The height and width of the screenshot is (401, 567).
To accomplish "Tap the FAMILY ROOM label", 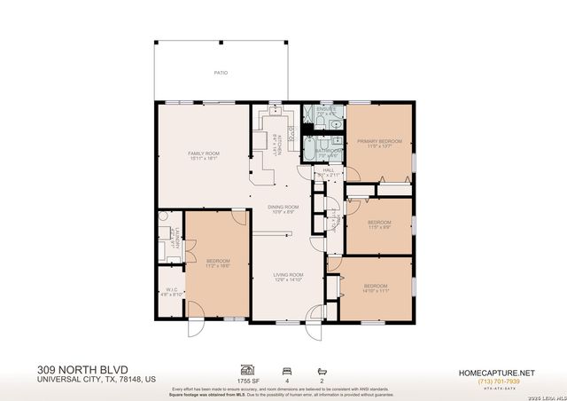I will coord(204,153).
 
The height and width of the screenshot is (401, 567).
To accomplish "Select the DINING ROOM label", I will coord(283,207).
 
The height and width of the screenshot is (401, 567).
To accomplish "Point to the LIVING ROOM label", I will coord(288,275).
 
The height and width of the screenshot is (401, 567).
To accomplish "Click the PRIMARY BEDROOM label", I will coord(379,141).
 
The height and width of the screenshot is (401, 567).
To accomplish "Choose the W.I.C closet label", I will coord(173,289).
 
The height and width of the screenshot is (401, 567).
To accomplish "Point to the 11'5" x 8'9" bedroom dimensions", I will coord(379,227).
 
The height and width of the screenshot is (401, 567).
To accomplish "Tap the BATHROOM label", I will coord(329,151).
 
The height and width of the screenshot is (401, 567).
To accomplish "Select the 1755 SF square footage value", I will coord(248,380).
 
